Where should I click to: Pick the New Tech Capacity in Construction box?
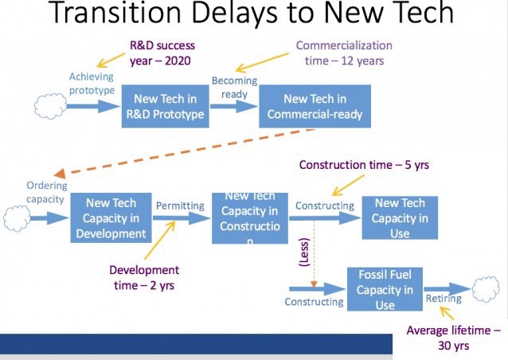tap(250, 217)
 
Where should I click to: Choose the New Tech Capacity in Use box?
tap(399, 217)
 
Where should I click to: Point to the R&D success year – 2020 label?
tap(162, 53)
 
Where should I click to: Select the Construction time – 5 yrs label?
tap(364, 165)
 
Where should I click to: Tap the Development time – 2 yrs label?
tap(145, 278)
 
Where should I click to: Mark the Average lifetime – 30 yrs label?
tap(454, 338)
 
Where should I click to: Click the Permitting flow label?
tap(179, 205)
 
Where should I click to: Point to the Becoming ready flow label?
tap(234, 87)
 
